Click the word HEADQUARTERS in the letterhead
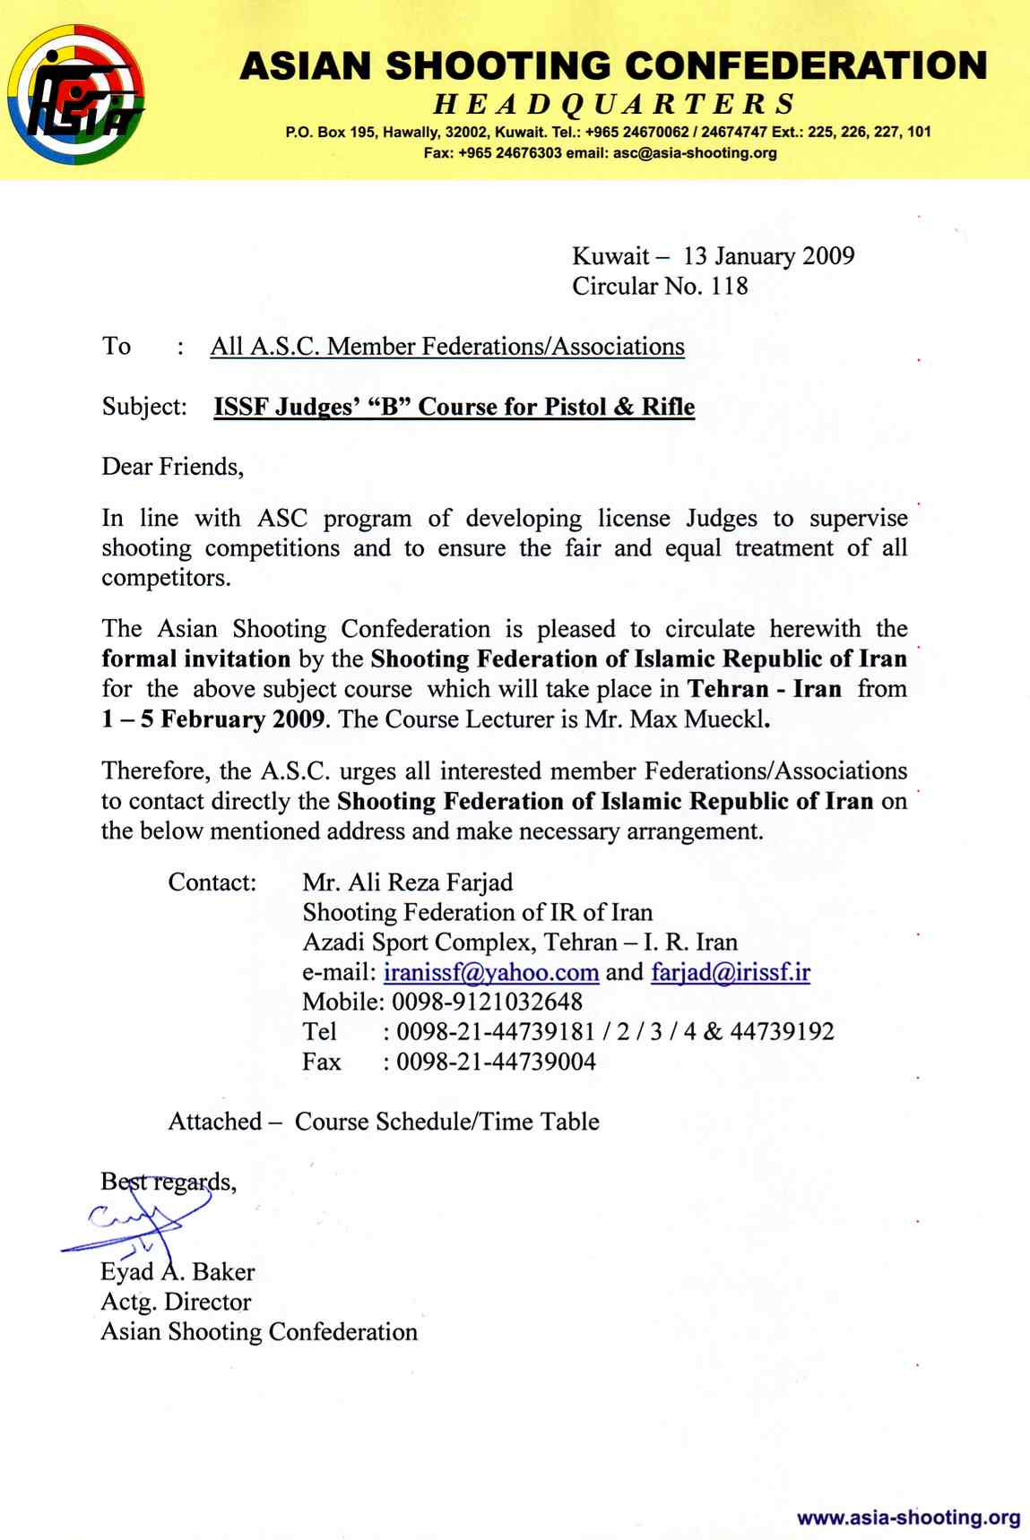coord(614,105)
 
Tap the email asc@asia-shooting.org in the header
coord(695,153)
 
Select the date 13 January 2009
coord(768,256)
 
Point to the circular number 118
coord(729,287)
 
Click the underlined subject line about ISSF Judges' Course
coord(454,407)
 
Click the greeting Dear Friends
coord(172,467)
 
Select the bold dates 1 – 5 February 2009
coord(212,719)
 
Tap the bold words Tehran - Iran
coord(764,689)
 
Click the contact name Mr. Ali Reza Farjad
coord(408,882)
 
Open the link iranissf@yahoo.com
coord(490,972)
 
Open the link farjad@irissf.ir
coord(730,972)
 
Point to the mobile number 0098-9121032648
coord(487,1002)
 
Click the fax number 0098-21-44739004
coord(496,1062)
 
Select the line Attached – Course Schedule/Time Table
coord(384,1122)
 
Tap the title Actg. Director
coord(176,1302)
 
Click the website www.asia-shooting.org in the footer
coord(908,1518)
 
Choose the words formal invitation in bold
coord(195,659)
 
